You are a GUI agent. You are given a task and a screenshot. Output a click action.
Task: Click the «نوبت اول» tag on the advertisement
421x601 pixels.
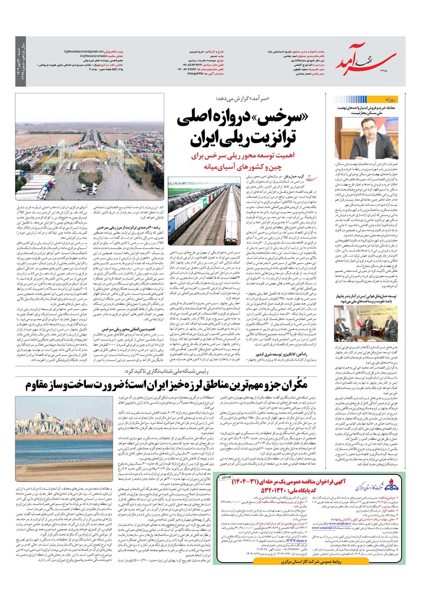(x=227, y=477)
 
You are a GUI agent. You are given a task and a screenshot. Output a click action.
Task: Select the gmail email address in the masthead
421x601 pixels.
(x=84, y=51)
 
